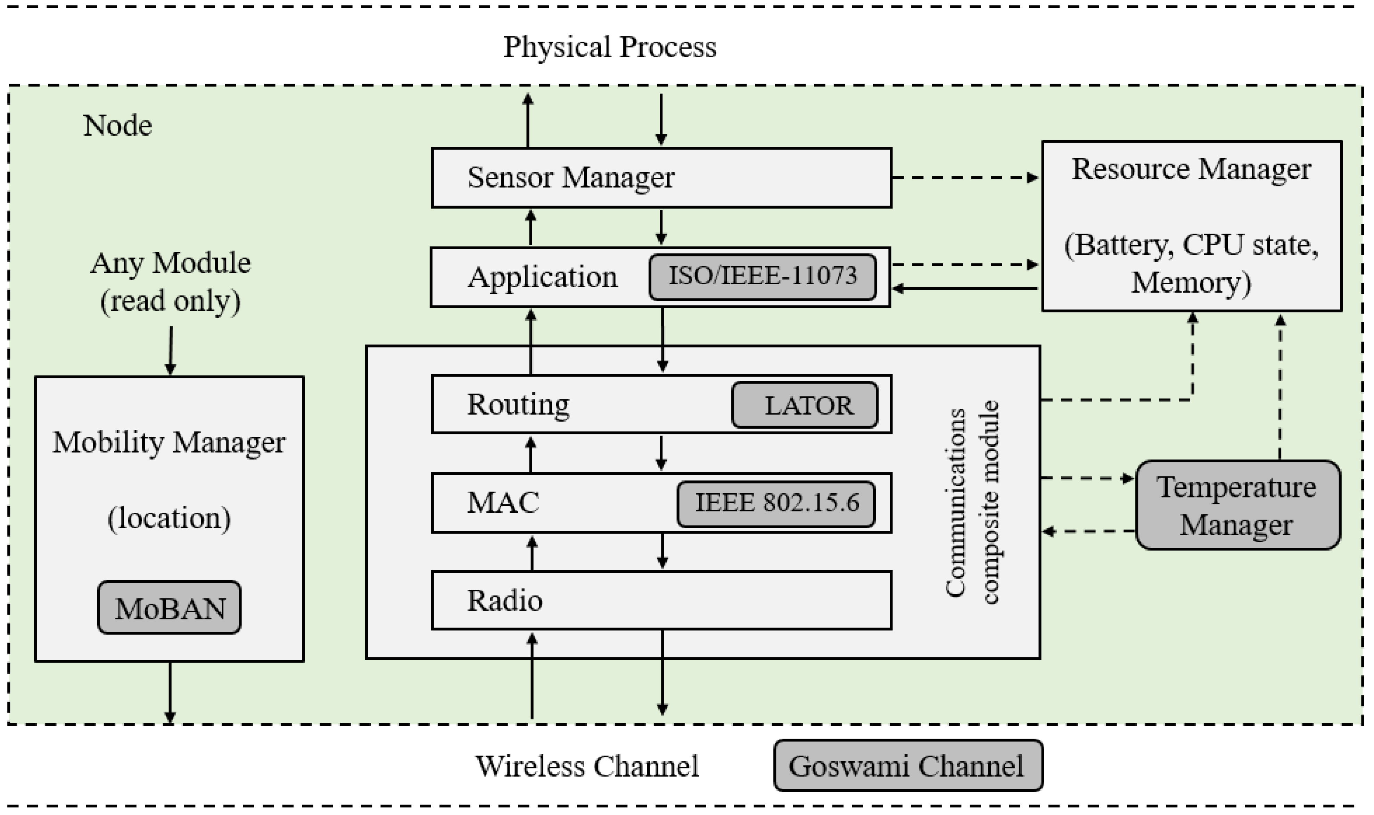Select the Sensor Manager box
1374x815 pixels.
point(661,177)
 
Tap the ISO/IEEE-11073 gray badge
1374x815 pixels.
point(762,276)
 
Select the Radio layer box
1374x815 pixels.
point(661,600)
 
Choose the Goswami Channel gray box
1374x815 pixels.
point(908,766)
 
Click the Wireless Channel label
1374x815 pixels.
point(587,766)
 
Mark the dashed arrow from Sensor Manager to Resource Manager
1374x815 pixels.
point(964,177)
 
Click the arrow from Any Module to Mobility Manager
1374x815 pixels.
point(170,350)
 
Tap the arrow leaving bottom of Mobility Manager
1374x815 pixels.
point(170,692)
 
